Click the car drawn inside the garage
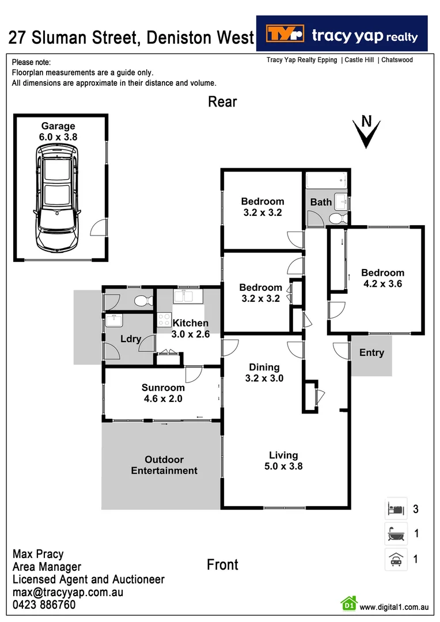pos(56,197)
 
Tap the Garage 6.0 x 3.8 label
pos(58,131)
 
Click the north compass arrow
pos(366,132)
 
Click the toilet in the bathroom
pos(337,218)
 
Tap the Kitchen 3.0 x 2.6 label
pos(191,328)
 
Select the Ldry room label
pos(131,339)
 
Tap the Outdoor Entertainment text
pos(164,465)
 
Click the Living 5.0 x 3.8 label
pos(283,461)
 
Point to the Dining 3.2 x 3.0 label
pos(264,373)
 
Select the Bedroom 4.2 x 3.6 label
pos(382,278)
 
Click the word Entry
pos(371,352)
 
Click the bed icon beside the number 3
pos(396,509)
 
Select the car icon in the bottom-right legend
pos(396,559)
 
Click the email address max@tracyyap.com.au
pos(68,592)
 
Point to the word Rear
pos(222,102)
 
